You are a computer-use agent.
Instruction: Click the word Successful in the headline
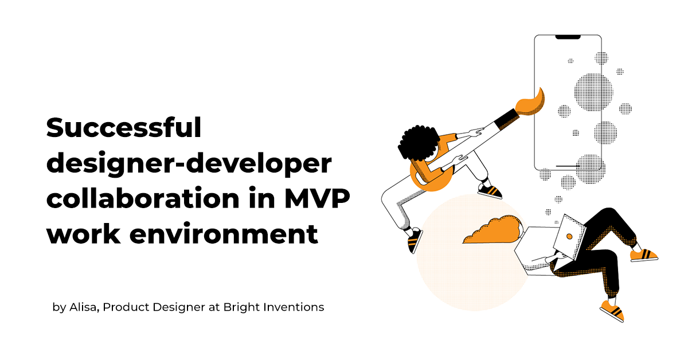[124, 127]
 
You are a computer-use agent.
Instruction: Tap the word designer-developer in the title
[189, 163]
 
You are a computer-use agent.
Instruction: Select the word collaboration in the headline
[143, 198]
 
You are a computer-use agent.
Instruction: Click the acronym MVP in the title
[317, 199]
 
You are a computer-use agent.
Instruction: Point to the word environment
[224, 234]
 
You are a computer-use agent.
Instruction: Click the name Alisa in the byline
[84, 307]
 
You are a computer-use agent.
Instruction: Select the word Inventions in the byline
[294, 307]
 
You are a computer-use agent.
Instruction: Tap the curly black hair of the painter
[419, 143]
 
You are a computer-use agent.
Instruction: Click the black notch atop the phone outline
[568, 37]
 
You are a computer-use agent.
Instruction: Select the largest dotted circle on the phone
[593, 92]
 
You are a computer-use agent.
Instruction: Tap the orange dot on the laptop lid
[569, 237]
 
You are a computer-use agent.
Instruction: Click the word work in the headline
[83, 233]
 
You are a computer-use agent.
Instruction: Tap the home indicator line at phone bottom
[568, 166]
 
